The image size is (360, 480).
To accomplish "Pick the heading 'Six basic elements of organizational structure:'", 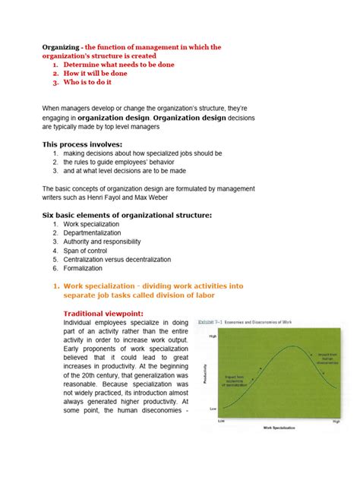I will pyautogui.click(x=126, y=215).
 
